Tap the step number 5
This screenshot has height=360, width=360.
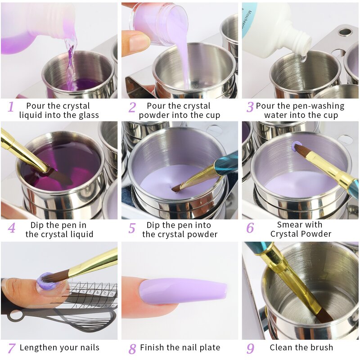click(x=131, y=228)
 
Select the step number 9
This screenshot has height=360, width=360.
click(x=250, y=348)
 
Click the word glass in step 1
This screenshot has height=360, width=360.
click(x=87, y=115)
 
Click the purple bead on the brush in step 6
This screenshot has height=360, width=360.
click(x=297, y=146)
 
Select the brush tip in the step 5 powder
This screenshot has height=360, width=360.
click(x=176, y=189)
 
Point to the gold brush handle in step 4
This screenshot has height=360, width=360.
click(x=20, y=151)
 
